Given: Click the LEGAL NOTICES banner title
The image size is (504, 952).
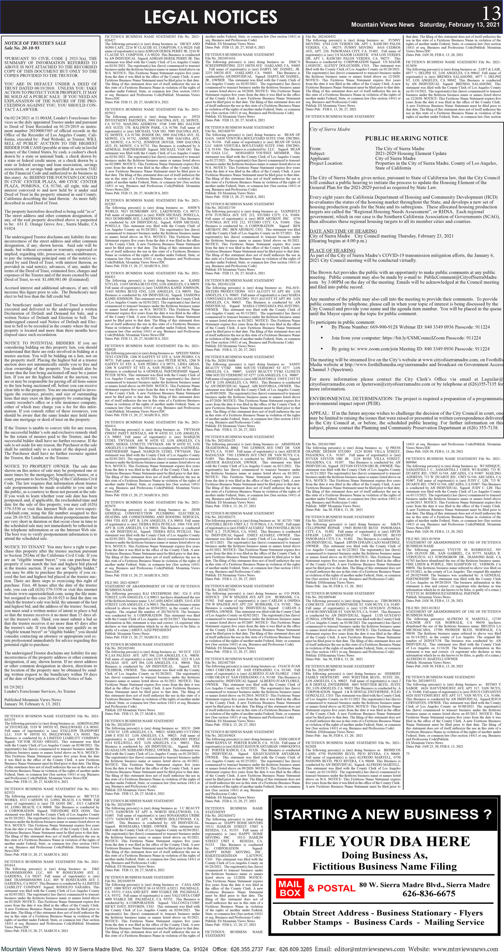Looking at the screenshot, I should (x=210, y=17).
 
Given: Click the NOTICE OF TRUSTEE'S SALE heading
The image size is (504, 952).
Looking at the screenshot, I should (x=35, y=43).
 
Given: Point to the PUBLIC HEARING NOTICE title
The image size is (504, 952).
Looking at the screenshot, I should (x=406, y=138).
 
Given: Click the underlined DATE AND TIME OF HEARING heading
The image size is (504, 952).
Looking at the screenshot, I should (x=343, y=231).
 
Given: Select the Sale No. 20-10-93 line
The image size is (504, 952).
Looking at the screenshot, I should (x=22, y=48).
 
